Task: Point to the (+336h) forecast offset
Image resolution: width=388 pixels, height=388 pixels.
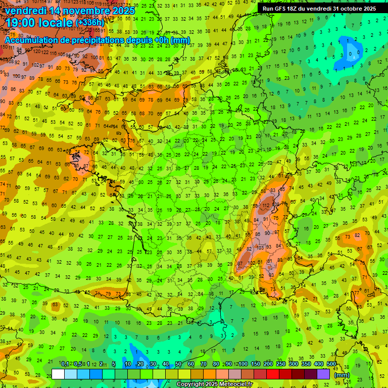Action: tap(90, 23)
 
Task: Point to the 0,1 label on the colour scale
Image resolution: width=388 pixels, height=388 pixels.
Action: tap(65, 364)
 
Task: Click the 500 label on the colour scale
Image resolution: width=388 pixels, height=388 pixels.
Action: tap(331, 364)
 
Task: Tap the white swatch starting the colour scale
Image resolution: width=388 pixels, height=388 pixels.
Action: tap(58, 374)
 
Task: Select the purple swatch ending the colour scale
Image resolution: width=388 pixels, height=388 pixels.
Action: tap(323, 374)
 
